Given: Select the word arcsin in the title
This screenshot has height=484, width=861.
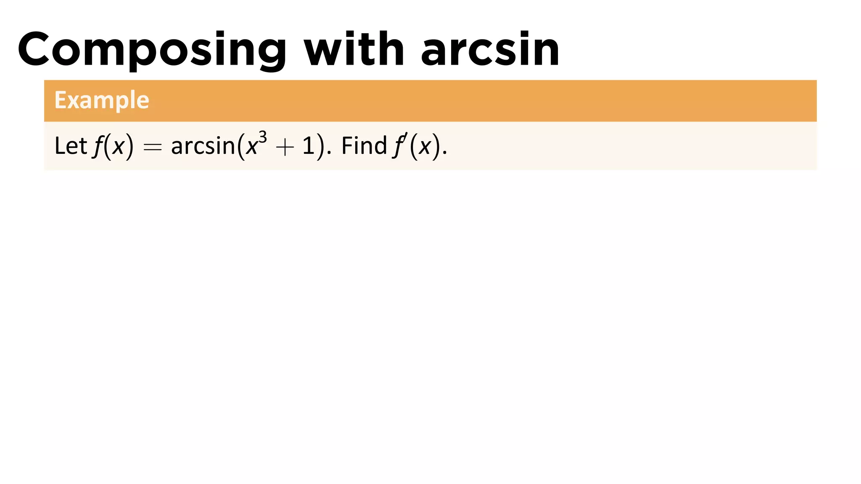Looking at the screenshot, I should click(490, 50).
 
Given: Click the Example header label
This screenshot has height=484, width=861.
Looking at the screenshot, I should click(102, 100).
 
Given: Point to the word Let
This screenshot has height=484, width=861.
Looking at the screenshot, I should click(71, 146).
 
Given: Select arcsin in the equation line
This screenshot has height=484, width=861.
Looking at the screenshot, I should click(203, 146).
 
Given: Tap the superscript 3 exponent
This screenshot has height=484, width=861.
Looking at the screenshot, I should click(263, 137).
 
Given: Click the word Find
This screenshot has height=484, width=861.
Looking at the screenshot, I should click(364, 146).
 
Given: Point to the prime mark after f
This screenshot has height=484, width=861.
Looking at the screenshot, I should click(405, 136).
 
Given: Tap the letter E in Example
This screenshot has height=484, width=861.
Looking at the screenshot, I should click(61, 100).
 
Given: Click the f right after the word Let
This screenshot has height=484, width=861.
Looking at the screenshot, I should click(98, 147).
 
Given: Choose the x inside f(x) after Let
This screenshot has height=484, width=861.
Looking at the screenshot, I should click(119, 147).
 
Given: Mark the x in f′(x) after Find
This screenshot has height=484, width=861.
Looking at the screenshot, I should click(425, 147).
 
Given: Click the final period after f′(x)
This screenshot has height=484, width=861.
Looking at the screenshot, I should click(445, 153).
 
